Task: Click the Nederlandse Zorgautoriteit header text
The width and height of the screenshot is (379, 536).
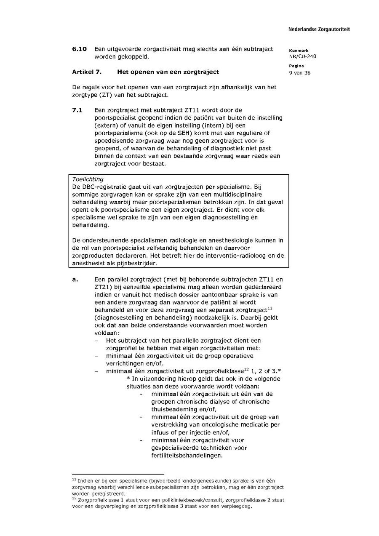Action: coord(319,29)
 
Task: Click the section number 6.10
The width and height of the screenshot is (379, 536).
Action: coord(79,49)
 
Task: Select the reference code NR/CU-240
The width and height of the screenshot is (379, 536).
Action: coord(303,56)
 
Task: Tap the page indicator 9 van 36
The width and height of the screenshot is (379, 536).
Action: coord(300,72)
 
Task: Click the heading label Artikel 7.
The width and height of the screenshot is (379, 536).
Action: coord(87,72)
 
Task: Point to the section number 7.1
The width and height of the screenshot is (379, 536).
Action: coord(77,110)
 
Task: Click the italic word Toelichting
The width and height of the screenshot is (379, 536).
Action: coord(88,179)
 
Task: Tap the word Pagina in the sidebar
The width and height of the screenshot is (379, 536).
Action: coord(296,66)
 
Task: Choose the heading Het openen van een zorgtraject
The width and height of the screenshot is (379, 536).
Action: coord(168,72)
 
